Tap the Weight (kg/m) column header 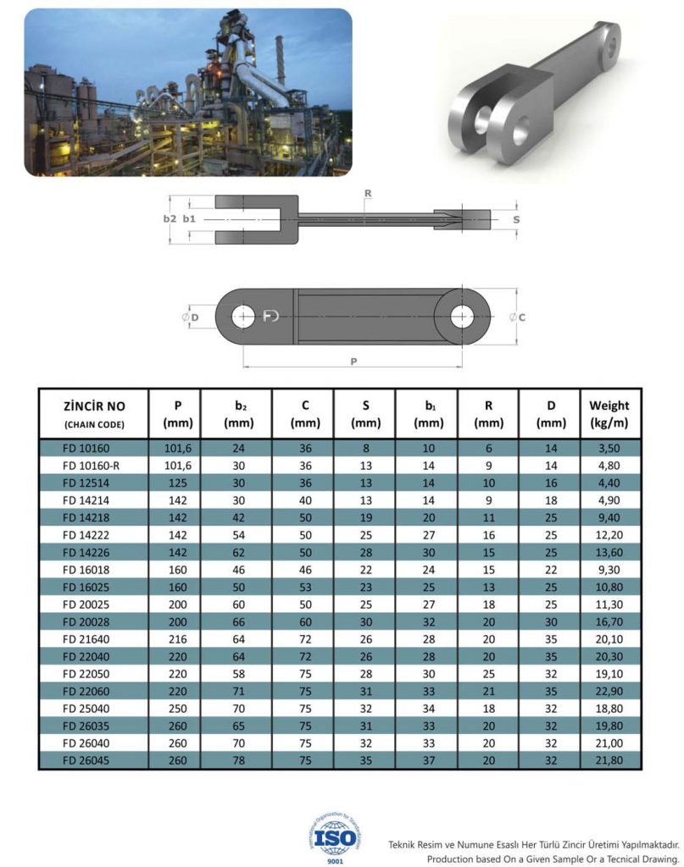click(x=609, y=413)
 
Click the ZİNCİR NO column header click(x=93, y=413)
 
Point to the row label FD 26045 click(x=93, y=761)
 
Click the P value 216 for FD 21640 click(x=179, y=638)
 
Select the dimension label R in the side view click(x=367, y=194)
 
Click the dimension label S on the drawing click(x=516, y=218)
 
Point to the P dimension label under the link click(x=353, y=362)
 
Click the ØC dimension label click(x=518, y=318)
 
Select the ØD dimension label click(x=190, y=317)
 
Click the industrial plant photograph click(x=187, y=92)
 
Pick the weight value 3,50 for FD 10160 click(x=609, y=447)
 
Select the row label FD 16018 click(x=93, y=569)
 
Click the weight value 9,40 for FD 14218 click(x=609, y=516)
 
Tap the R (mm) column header click(x=488, y=413)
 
